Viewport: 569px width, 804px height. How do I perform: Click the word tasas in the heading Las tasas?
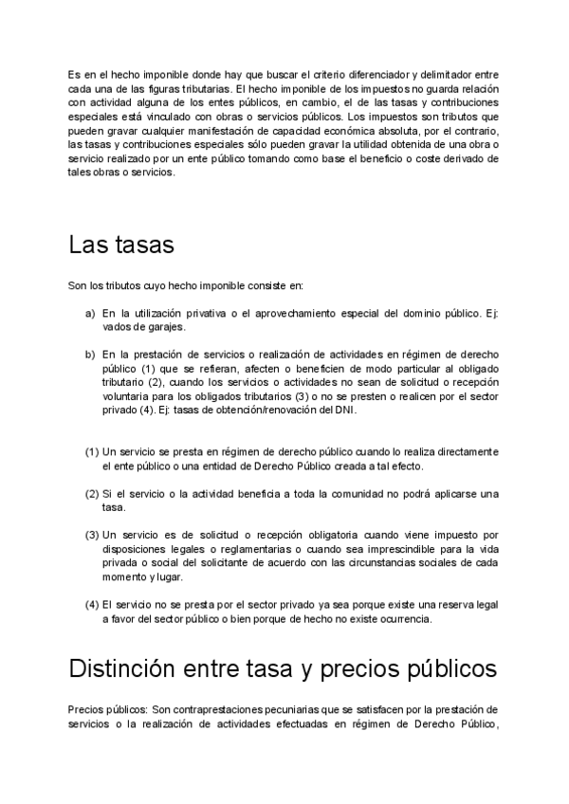click(143, 246)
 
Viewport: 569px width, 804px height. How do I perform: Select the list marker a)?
click(90, 313)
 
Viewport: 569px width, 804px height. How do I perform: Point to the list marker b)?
click(90, 355)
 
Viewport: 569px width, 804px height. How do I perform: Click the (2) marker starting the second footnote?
click(92, 495)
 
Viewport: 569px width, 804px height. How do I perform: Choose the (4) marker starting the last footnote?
click(92, 605)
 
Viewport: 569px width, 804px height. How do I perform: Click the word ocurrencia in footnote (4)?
click(400, 619)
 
